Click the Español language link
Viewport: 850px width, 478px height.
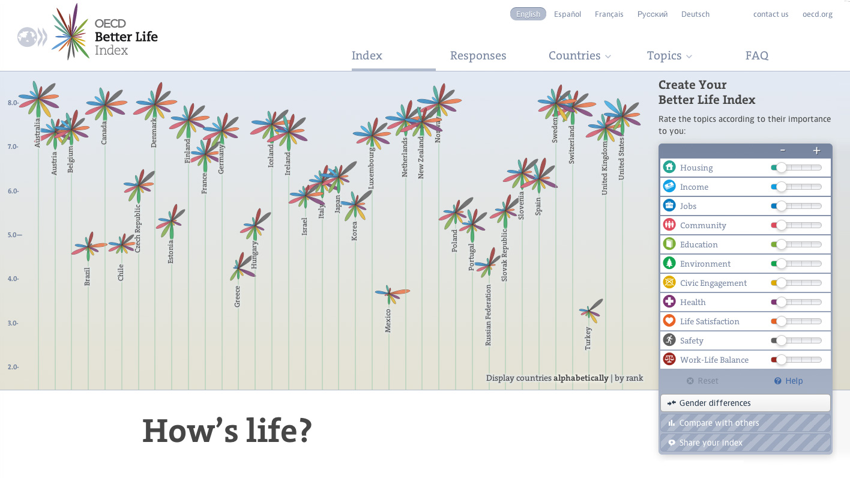(567, 14)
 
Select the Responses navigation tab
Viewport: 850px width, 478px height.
(478, 56)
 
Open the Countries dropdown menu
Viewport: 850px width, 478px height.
(579, 56)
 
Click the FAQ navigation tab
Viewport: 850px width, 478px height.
(756, 56)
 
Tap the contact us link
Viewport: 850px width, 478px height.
(771, 14)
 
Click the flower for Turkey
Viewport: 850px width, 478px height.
(589, 311)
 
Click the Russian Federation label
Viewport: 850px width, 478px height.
(488, 315)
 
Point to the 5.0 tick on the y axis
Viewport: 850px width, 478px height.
(14, 235)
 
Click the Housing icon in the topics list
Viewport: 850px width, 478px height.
(669, 168)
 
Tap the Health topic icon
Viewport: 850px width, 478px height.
(669, 302)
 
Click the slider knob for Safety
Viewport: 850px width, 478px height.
(781, 340)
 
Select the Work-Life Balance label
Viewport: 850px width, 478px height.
(714, 360)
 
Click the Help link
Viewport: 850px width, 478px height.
(788, 381)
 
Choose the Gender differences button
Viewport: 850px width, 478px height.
(745, 403)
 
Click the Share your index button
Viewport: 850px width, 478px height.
(745, 443)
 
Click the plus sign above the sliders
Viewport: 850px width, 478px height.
(816, 151)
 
